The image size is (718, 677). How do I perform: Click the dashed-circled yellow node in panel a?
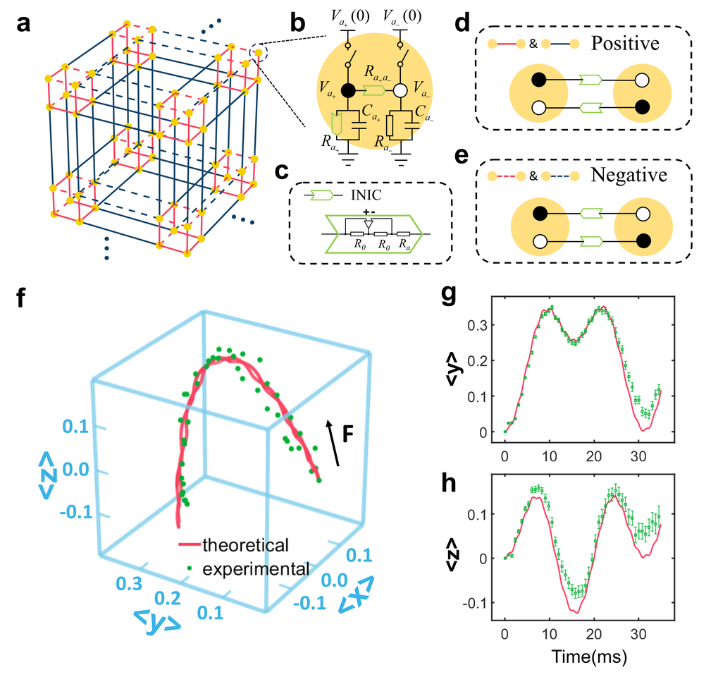pos(258,52)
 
